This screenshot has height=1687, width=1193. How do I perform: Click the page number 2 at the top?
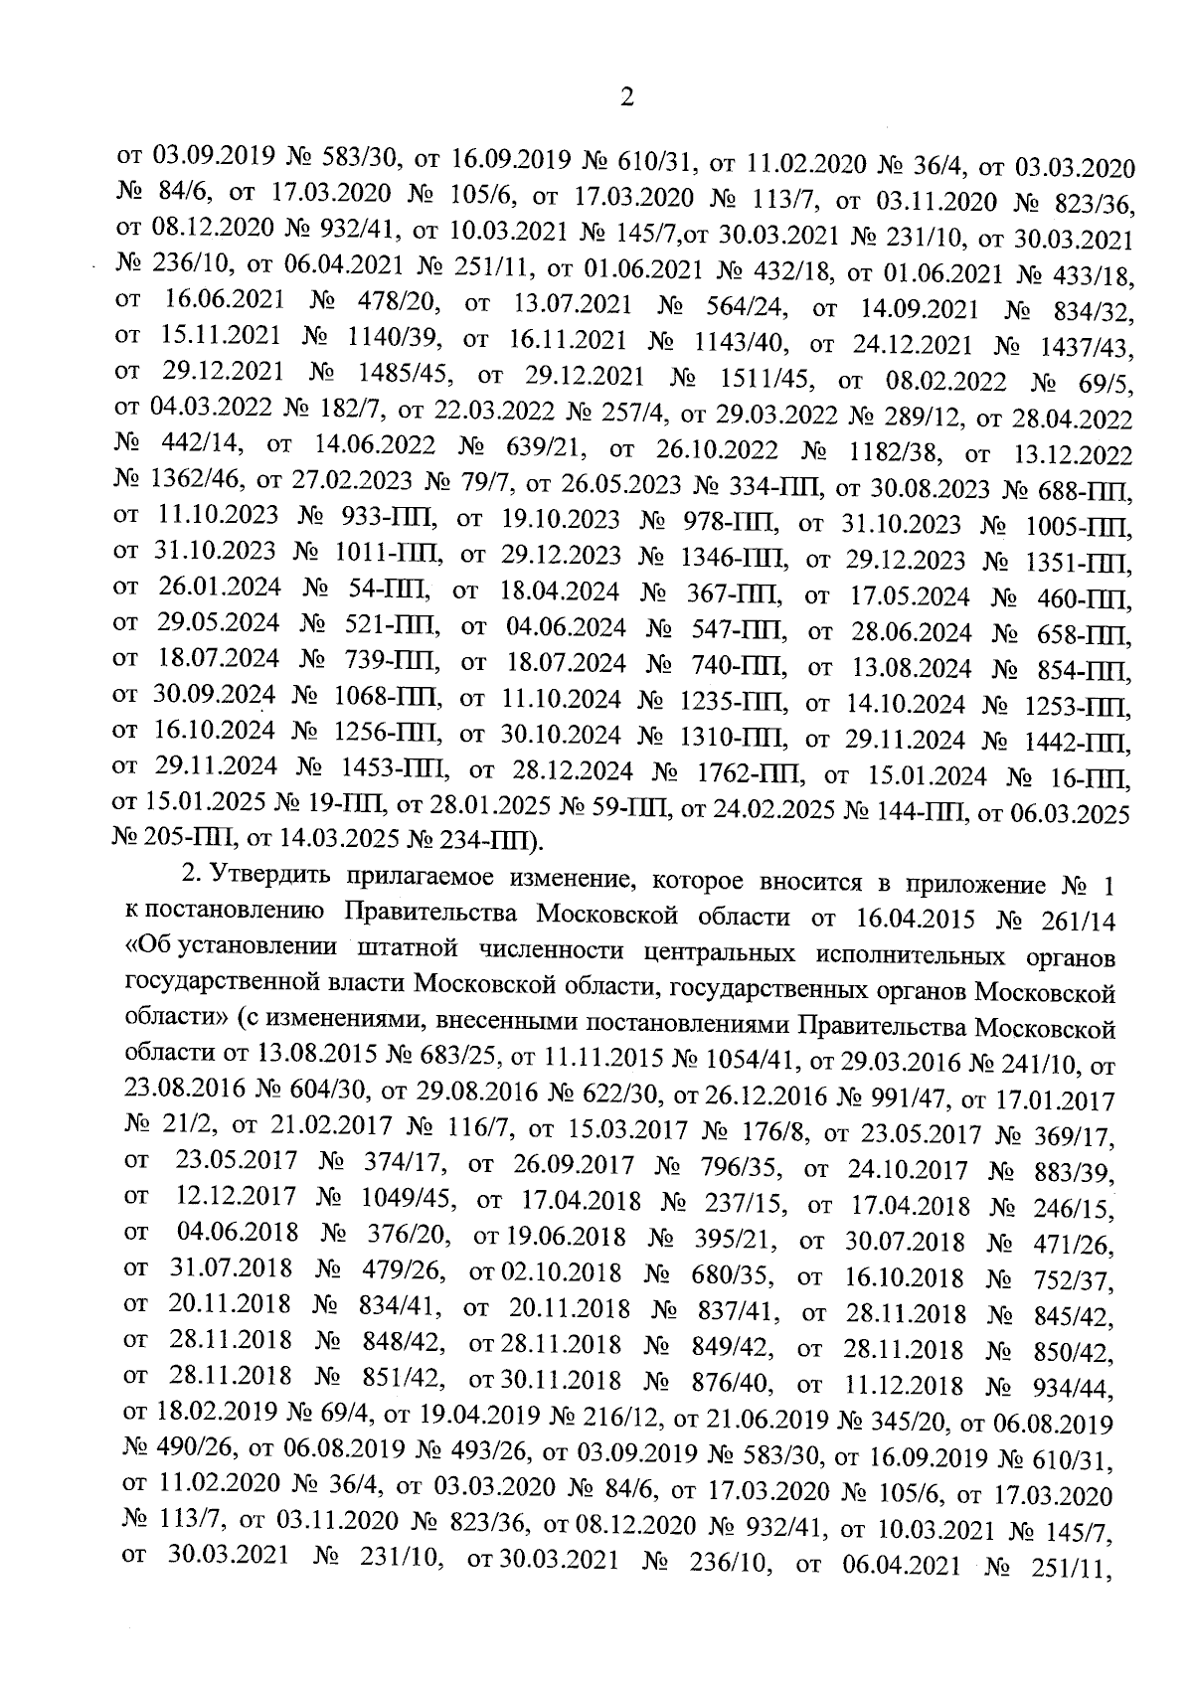coord(626,97)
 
